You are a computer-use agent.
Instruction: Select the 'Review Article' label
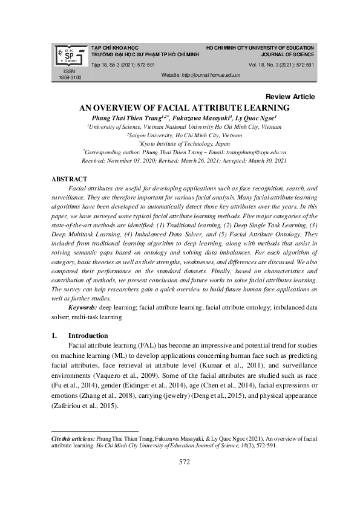(x=290, y=97)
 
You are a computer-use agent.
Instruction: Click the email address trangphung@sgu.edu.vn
(x=257, y=154)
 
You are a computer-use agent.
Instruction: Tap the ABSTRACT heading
(x=70, y=180)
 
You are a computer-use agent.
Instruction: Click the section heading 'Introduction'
(x=88, y=336)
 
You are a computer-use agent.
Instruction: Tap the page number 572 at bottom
(x=185, y=462)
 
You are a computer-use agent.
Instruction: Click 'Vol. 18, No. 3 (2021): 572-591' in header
(x=281, y=65)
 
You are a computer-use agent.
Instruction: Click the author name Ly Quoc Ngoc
(x=256, y=118)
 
